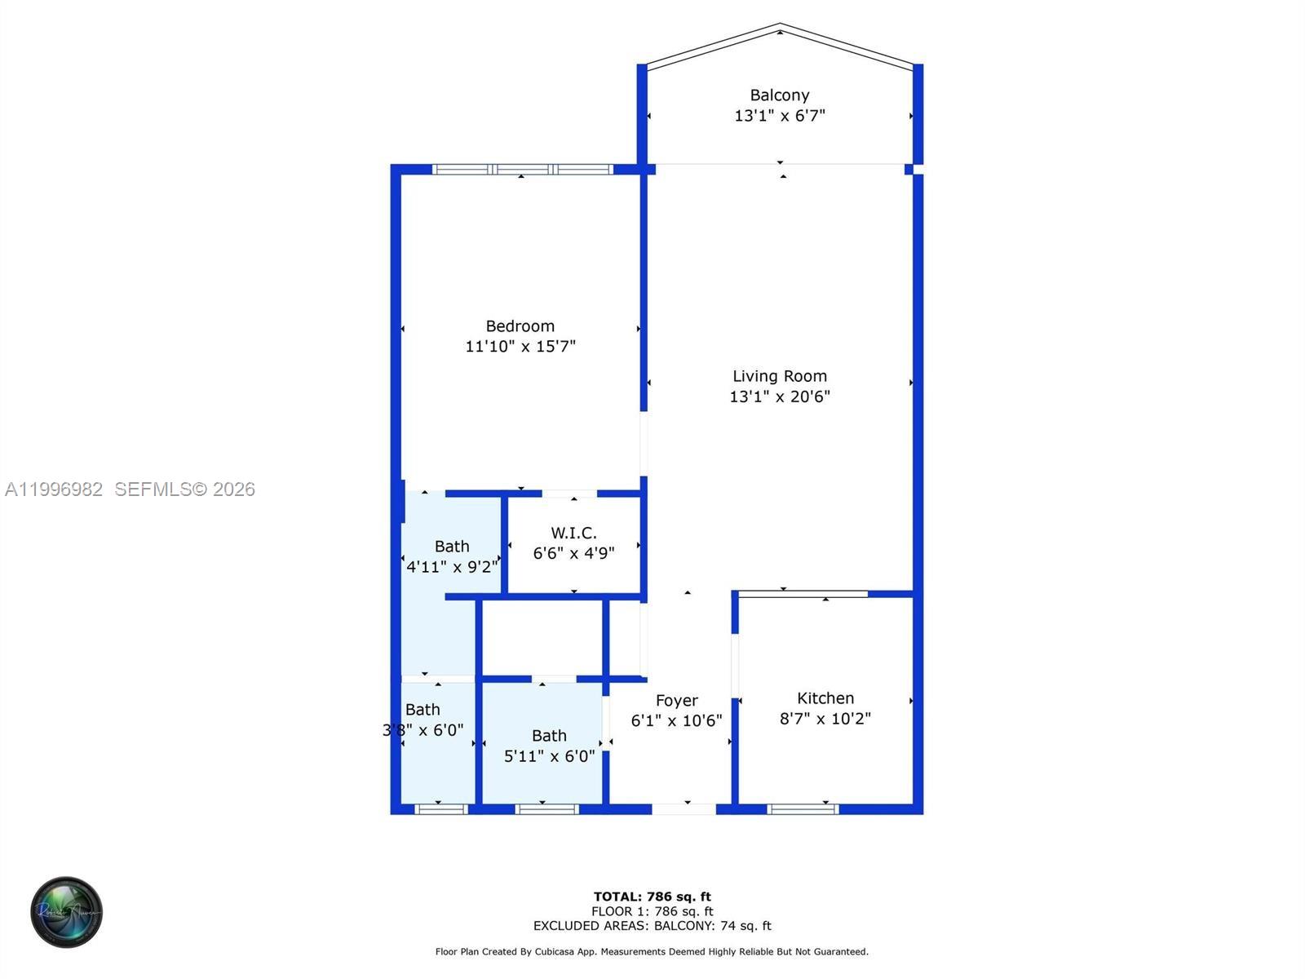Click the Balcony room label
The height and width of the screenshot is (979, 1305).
click(779, 95)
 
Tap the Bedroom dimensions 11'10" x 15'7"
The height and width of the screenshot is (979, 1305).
click(520, 347)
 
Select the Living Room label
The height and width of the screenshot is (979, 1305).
click(779, 376)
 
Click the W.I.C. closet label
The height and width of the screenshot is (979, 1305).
click(573, 533)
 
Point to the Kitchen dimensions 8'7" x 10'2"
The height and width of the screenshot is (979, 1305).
click(825, 719)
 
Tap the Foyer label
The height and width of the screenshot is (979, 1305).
click(676, 701)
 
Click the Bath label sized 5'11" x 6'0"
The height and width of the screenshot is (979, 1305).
click(549, 736)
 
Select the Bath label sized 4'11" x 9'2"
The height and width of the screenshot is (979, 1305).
click(451, 547)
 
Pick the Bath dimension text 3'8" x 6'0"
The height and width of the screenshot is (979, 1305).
click(422, 730)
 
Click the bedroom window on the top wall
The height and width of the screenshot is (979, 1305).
click(522, 170)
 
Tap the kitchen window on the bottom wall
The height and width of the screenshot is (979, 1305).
click(803, 809)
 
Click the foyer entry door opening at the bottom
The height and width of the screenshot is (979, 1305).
click(684, 809)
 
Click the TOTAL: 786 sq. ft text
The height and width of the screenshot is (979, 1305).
click(652, 897)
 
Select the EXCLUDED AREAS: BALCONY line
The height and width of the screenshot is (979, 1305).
click(652, 926)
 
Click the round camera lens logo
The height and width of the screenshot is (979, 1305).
click(66, 912)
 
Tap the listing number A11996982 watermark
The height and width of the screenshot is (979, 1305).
click(54, 489)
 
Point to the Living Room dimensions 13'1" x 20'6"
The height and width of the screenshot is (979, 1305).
click(779, 397)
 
